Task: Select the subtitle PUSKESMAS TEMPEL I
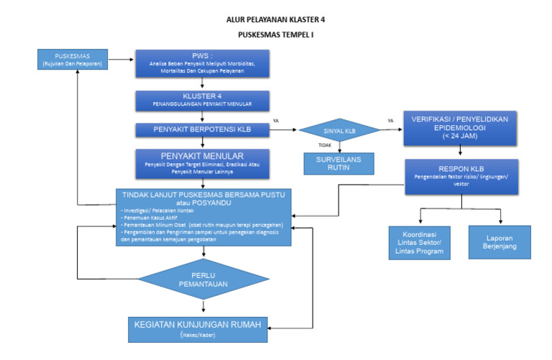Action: (276, 34)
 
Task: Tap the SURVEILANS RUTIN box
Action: (340, 163)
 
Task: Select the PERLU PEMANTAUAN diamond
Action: (204, 280)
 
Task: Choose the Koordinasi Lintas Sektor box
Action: (418, 243)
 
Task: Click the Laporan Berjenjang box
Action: (500, 242)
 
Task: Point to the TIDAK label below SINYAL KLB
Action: (326, 145)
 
